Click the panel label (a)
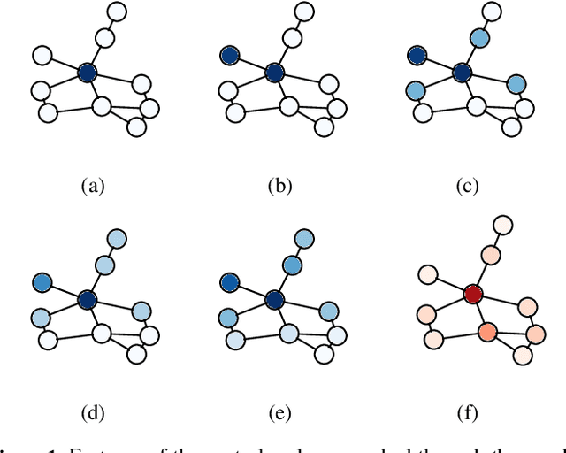click(93, 186)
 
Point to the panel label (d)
click(93, 412)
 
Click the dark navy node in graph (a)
click(87, 73)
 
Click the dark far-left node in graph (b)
click(230, 55)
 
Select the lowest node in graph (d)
click(135, 354)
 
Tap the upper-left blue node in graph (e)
click(230, 282)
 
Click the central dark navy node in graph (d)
click(87, 299)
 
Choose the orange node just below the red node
click(486, 332)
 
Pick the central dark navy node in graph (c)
click(462, 73)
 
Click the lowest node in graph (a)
click(135, 127)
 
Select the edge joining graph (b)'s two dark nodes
click(253, 64)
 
